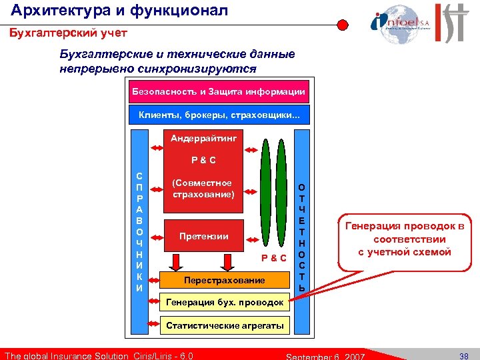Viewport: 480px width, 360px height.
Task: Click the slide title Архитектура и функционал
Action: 120,10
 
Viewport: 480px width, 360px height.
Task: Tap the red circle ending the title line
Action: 342,25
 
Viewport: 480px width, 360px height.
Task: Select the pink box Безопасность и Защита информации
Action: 219,91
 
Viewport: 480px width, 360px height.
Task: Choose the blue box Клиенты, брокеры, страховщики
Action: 219,115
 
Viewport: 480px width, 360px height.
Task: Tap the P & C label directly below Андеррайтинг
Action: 203,160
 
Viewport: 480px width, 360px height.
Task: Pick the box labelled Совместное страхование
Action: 203,189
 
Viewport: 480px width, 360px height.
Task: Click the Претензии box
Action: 203,236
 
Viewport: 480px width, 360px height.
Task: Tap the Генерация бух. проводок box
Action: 223,303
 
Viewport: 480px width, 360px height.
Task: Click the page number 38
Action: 465,355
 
